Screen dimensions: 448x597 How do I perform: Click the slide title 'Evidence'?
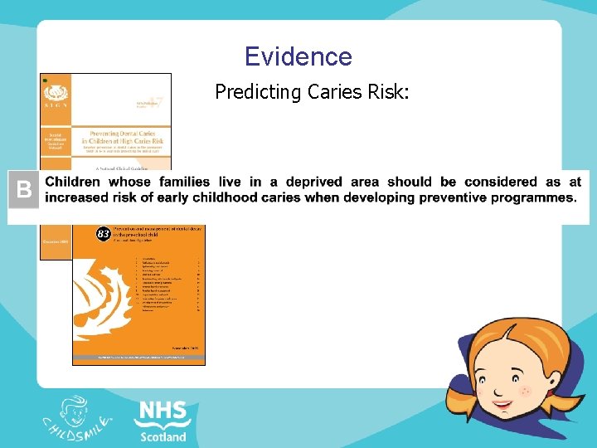[x=298, y=56]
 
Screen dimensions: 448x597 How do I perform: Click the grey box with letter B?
[x=24, y=190]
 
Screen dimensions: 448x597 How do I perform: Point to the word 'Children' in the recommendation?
[x=83, y=182]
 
